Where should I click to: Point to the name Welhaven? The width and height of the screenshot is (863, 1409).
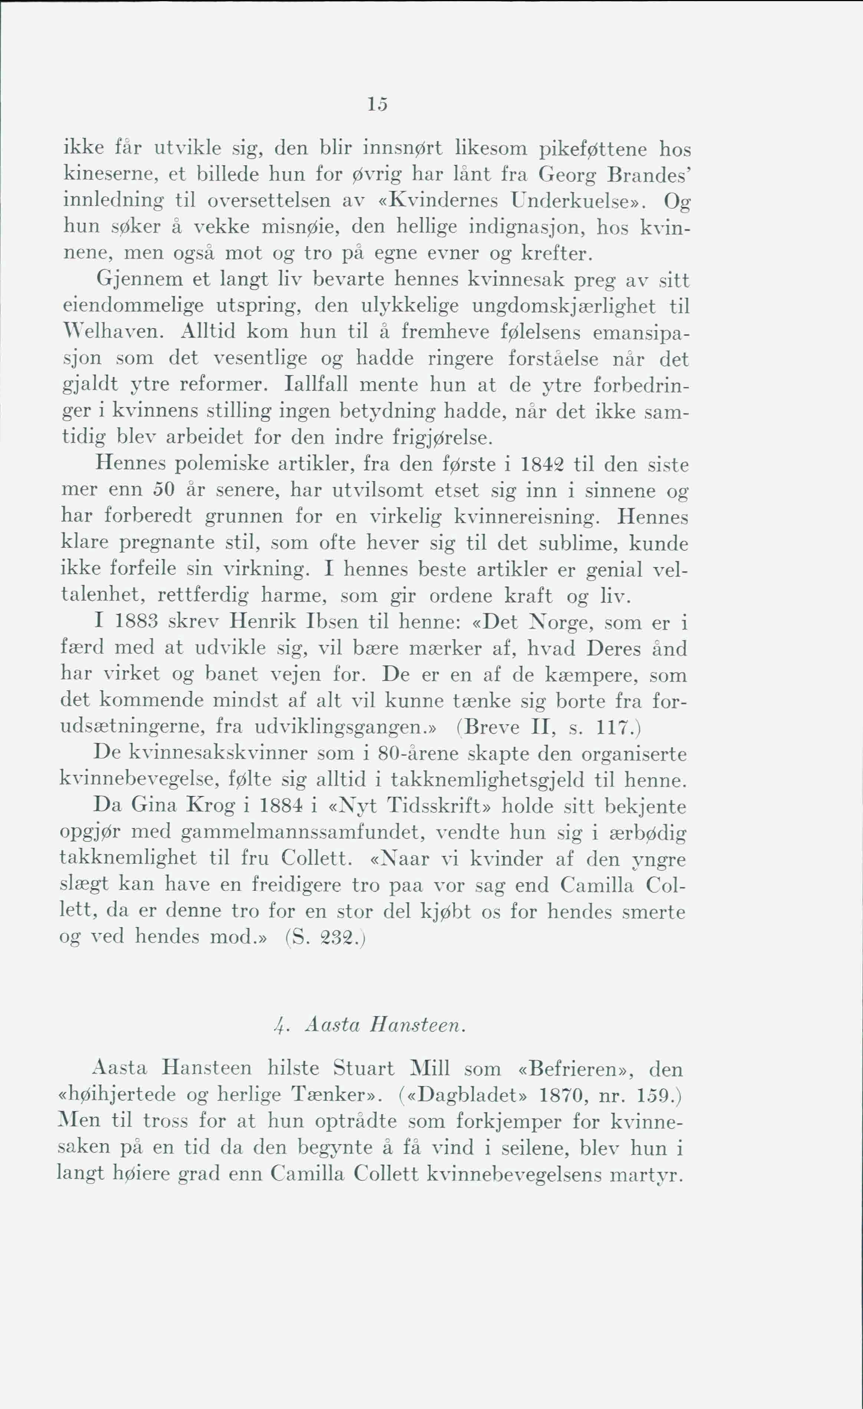click(x=113, y=332)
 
